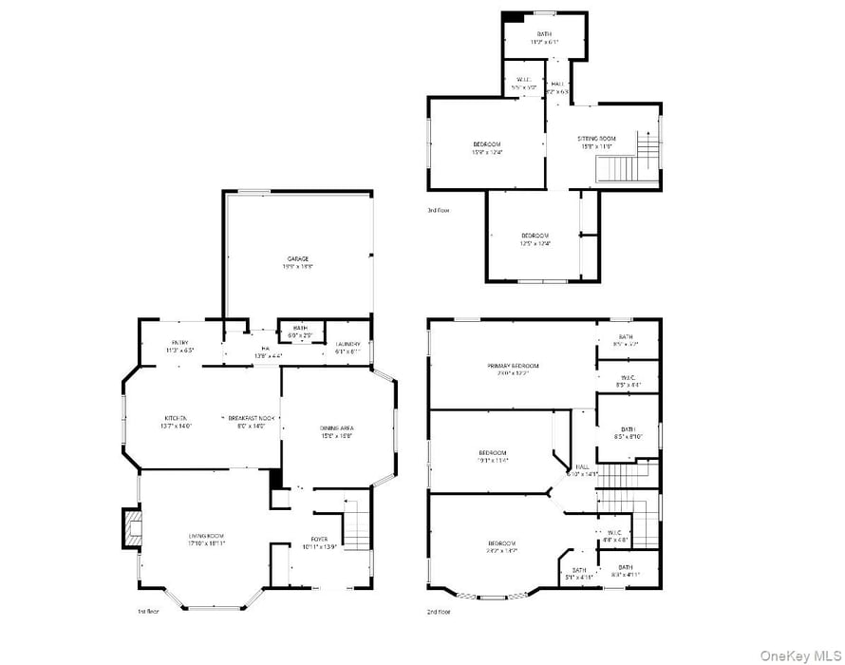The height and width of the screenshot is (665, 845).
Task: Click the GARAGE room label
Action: coord(298,258)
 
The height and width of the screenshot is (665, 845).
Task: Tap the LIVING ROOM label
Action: coord(206,537)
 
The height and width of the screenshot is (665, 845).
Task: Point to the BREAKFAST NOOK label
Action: coord(252,419)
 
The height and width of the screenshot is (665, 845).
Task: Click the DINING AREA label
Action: coord(337,428)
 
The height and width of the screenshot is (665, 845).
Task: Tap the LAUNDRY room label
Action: coord(347,344)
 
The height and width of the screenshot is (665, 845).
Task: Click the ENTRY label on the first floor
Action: coord(180,343)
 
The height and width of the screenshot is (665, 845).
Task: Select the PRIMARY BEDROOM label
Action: coord(513,366)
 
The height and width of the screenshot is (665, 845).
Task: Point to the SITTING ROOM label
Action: coord(597,139)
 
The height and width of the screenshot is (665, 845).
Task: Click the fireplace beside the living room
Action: coord(131,528)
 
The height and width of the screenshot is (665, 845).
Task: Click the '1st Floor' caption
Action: coord(148,611)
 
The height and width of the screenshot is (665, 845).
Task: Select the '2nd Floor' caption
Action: coord(439,611)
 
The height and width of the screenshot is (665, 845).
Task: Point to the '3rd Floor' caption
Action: coord(438,209)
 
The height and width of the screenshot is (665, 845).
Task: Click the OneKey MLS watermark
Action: coord(799,655)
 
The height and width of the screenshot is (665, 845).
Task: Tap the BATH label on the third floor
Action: coord(543,35)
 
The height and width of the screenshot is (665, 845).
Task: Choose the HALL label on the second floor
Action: coord(582,466)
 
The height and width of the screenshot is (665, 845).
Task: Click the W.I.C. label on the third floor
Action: coord(524,80)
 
